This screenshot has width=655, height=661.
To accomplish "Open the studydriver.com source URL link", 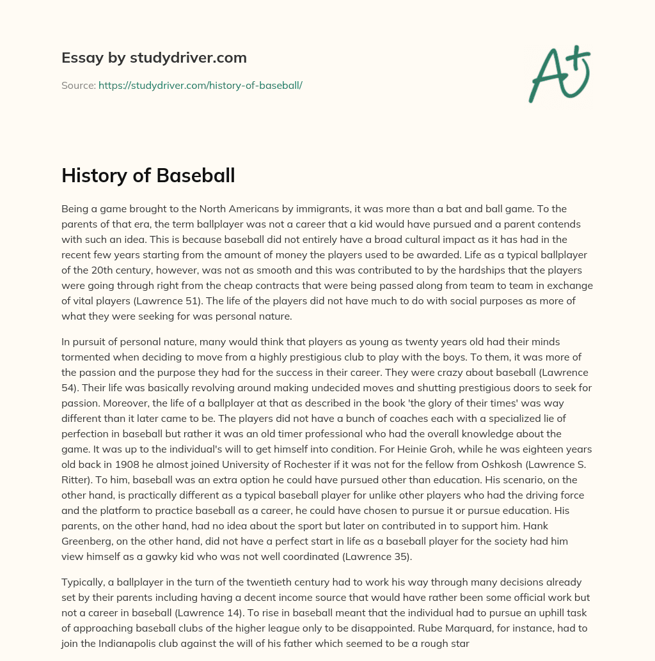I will (200, 85).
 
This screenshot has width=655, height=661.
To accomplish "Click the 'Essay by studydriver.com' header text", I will (154, 58).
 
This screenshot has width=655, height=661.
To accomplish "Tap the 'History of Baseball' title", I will (148, 176).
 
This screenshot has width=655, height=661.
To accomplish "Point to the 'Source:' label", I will (78, 85).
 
